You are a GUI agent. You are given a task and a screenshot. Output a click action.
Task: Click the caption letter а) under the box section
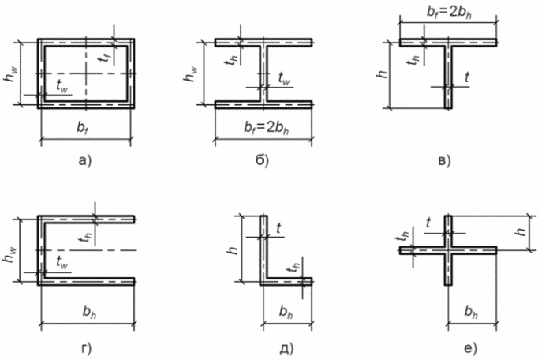(x=85, y=161)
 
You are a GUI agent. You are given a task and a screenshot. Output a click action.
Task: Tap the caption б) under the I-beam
(x=263, y=160)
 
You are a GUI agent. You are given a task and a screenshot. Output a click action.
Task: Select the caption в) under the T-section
(x=444, y=161)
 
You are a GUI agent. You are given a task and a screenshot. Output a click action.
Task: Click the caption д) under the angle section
(x=286, y=348)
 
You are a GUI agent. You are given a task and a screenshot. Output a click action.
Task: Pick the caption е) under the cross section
(x=470, y=348)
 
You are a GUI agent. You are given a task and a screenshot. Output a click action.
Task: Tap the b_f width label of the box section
(x=81, y=128)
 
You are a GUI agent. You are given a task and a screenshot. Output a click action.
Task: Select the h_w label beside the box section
(x=10, y=74)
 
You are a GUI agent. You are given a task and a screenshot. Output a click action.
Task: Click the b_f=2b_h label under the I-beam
(x=267, y=128)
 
